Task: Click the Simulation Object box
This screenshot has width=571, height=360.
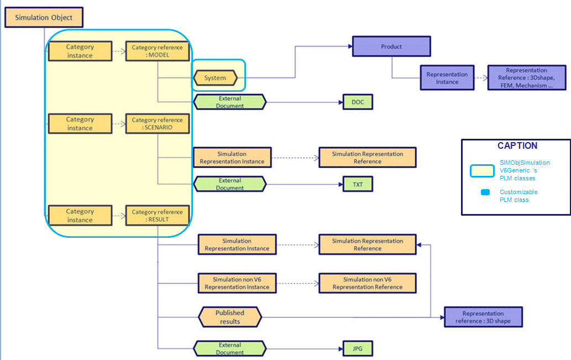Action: point(44,17)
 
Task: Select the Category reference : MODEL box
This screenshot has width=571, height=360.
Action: point(158,51)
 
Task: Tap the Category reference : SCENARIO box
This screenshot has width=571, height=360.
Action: point(158,123)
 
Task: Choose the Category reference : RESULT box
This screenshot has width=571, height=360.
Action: point(158,215)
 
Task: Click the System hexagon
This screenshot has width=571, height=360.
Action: point(215,77)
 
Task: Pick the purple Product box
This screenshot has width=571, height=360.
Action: point(391,46)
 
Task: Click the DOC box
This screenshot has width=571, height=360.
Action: point(358,102)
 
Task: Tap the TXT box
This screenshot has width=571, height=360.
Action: point(358,184)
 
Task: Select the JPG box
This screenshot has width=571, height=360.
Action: point(358,349)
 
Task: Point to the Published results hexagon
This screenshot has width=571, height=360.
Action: point(230,317)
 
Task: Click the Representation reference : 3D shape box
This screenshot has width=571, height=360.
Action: point(483,317)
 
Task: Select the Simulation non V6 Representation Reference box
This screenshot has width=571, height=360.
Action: point(368,283)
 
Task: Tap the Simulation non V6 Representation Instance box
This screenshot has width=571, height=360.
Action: point(237,283)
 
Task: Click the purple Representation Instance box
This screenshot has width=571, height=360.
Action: point(447,77)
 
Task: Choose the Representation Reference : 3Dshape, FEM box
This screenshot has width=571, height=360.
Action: point(527,77)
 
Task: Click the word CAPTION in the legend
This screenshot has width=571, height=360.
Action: point(517,146)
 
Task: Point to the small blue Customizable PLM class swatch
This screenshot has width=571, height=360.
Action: point(485,192)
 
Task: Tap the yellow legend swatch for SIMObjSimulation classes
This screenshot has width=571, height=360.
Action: point(482,171)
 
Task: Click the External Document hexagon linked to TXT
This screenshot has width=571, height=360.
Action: point(230,184)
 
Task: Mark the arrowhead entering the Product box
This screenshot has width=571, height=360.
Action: point(350,46)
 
